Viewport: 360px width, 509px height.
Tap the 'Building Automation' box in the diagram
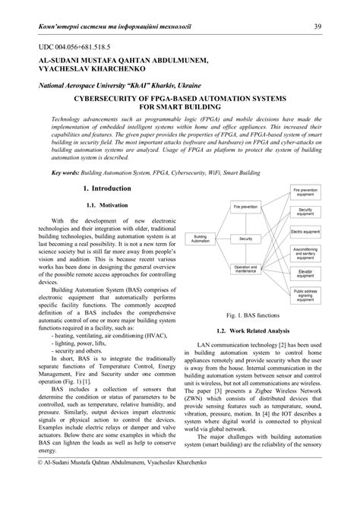tap(201, 239)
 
